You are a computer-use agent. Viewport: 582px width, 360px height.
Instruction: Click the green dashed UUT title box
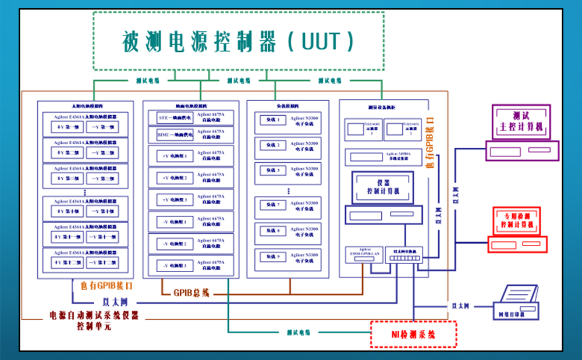tap(238, 41)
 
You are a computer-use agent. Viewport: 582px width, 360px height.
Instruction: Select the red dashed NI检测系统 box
tap(414, 334)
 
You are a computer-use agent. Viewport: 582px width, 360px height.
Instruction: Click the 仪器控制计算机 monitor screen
tap(381, 187)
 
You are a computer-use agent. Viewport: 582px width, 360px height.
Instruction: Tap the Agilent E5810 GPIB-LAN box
tap(364, 254)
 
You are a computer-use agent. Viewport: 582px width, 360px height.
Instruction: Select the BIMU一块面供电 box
tap(175, 136)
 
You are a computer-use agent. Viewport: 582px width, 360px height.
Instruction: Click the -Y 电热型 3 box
tap(175, 266)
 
